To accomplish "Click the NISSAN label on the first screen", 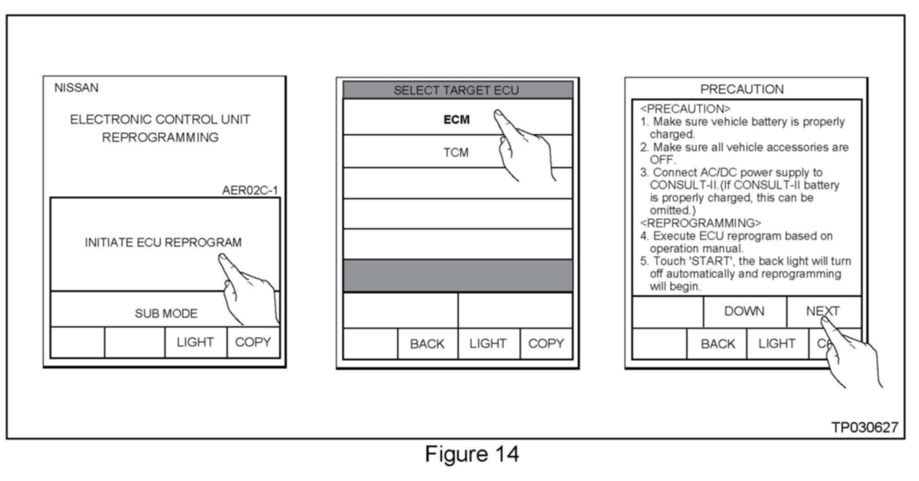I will pos(76,88).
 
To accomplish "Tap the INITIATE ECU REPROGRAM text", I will pos(163,243).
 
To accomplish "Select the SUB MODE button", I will pos(166,314).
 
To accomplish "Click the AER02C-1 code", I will pos(250,190).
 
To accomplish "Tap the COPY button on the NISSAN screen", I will pos(253,342).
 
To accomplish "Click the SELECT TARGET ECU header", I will pos(457,90).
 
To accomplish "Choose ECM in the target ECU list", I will pos(457,120).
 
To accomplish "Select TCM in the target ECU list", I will pos(456,153).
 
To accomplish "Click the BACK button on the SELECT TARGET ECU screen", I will pos(427,344).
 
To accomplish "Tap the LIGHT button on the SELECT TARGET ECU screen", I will pos(488,344).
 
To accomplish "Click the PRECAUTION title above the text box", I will pos(742,90).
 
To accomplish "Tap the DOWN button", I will pos(744,311).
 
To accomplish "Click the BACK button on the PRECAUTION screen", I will pos(717,344).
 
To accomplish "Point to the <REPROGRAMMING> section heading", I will pos(700,223).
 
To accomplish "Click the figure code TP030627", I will pos(865,427).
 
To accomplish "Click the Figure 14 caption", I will pos(471,454).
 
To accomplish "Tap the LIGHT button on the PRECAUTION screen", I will pos(777,344).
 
